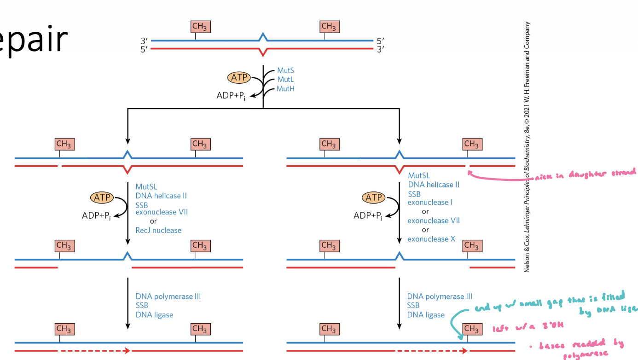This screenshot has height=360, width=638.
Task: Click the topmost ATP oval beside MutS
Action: pyautogui.click(x=239, y=78)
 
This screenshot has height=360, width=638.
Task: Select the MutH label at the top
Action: pyautogui.click(x=285, y=88)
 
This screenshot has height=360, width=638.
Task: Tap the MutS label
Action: pyautogui.click(x=285, y=70)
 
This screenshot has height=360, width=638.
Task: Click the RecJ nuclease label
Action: pyautogui.click(x=158, y=230)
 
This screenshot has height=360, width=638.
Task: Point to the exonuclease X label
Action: pyautogui.click(x=431, y=239)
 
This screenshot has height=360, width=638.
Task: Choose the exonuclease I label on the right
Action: pyautogui.click(x=430, y=202)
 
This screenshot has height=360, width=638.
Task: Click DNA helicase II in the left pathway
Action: pyautogui.click(x=161, y=196)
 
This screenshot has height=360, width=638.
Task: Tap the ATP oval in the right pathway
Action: pyautogui.click(x=374, y=197)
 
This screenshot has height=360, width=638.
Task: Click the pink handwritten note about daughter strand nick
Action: pyautogui.click(x=585, y=174)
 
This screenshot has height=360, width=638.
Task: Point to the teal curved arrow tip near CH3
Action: pyautogui.click(x=461, y=338)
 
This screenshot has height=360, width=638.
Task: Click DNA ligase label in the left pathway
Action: pyautogui.click(x=154, y=315)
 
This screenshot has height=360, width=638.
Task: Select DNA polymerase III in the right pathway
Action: pyautogui.click(x=440, y=296)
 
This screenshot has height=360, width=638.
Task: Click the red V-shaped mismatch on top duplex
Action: pyautogui.click(x=262, y=52)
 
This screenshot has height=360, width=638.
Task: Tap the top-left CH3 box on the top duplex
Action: pyautogui.click(x=199, y=27)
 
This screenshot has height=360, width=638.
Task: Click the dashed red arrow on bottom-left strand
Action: pyautogui.click(x=94, y=351)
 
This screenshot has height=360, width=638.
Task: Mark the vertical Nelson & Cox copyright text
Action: pyautogui.click(x=527, y=147)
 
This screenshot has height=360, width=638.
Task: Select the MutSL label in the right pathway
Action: pyautogui.click(x=418, y=175)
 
